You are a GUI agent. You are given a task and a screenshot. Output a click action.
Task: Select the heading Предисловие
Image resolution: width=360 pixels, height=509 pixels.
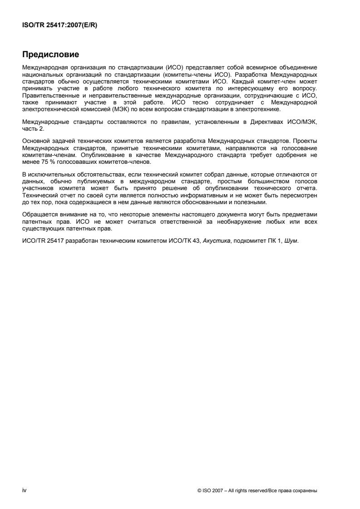pyautogui.click(x=51, y=55)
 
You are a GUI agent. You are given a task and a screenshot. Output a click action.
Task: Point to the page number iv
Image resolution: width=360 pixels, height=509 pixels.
pyautogui.click(x=24, y=490)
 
